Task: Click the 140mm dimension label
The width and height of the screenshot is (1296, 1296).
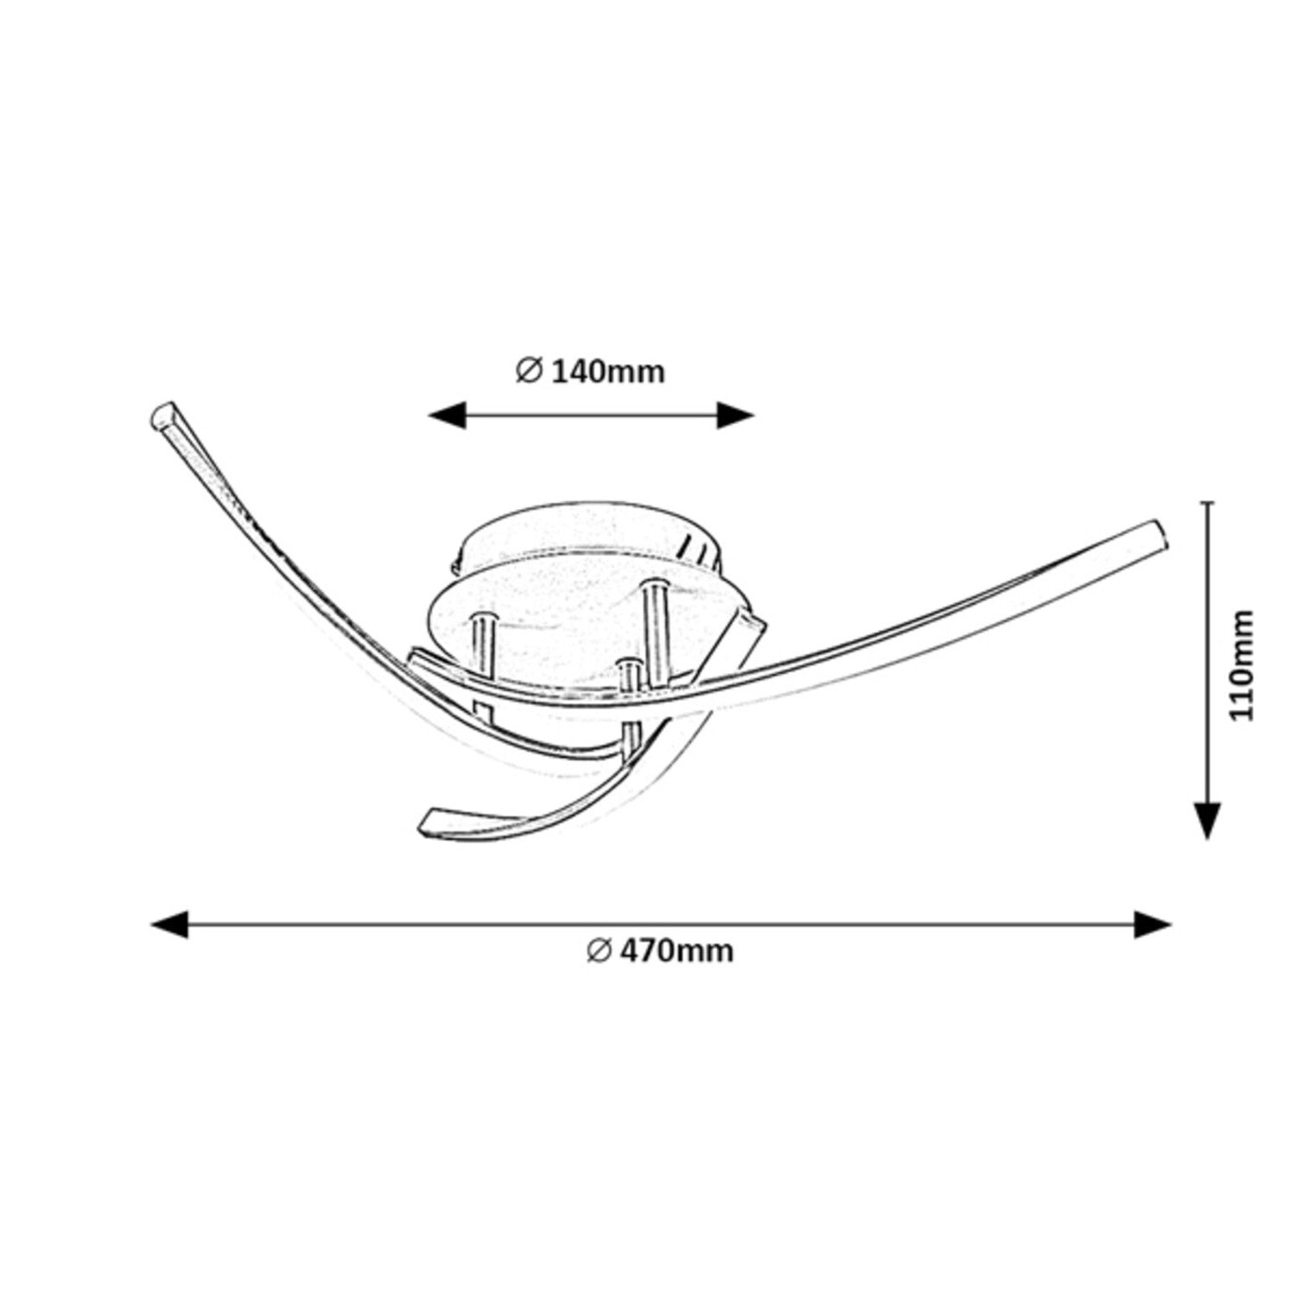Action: (607, 372)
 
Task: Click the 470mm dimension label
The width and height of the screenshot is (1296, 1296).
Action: (677, 950)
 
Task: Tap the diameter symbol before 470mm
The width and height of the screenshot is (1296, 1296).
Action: (599, 950)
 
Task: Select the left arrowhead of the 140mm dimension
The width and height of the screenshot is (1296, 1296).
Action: (448, 416)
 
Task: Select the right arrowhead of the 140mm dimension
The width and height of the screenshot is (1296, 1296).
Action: (735, 416)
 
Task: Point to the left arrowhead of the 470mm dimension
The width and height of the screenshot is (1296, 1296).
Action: (169, 924)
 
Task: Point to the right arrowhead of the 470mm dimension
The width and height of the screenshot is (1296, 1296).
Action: (1153, 924)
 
